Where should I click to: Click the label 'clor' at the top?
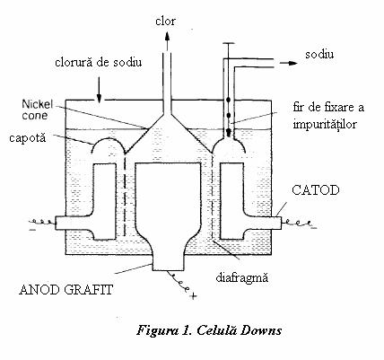point(165,22)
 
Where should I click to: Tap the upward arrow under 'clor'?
point(167,40)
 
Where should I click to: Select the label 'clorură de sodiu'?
point(99,63)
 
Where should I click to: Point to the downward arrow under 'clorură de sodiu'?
point(99,92)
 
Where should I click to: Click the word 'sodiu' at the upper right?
point(319,54)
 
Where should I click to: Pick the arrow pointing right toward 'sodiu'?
point(289,63)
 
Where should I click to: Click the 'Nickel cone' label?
point(37,110)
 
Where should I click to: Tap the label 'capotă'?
point(28,138)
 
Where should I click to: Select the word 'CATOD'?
point(316,190)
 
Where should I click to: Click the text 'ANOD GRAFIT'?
point(66,290)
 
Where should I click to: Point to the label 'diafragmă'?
point(242,277)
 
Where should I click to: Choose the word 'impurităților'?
point(325,123)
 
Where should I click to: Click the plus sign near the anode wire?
point(194,296)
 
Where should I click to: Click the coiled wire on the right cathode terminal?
point(298,223)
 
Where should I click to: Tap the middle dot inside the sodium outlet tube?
point(229,115)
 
